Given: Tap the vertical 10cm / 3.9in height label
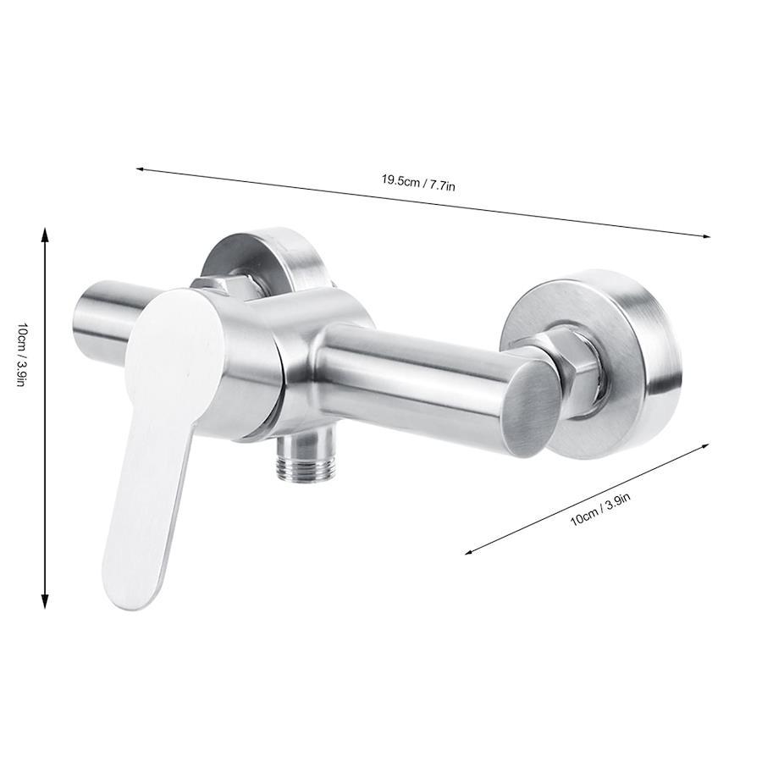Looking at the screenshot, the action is point(20,350).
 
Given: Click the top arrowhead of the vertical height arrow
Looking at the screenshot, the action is point(45,235).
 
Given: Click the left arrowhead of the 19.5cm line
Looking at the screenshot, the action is point(141,169).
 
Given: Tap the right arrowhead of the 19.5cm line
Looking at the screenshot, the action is point(705,236).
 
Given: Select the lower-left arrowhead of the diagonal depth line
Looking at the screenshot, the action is point(469,551).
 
